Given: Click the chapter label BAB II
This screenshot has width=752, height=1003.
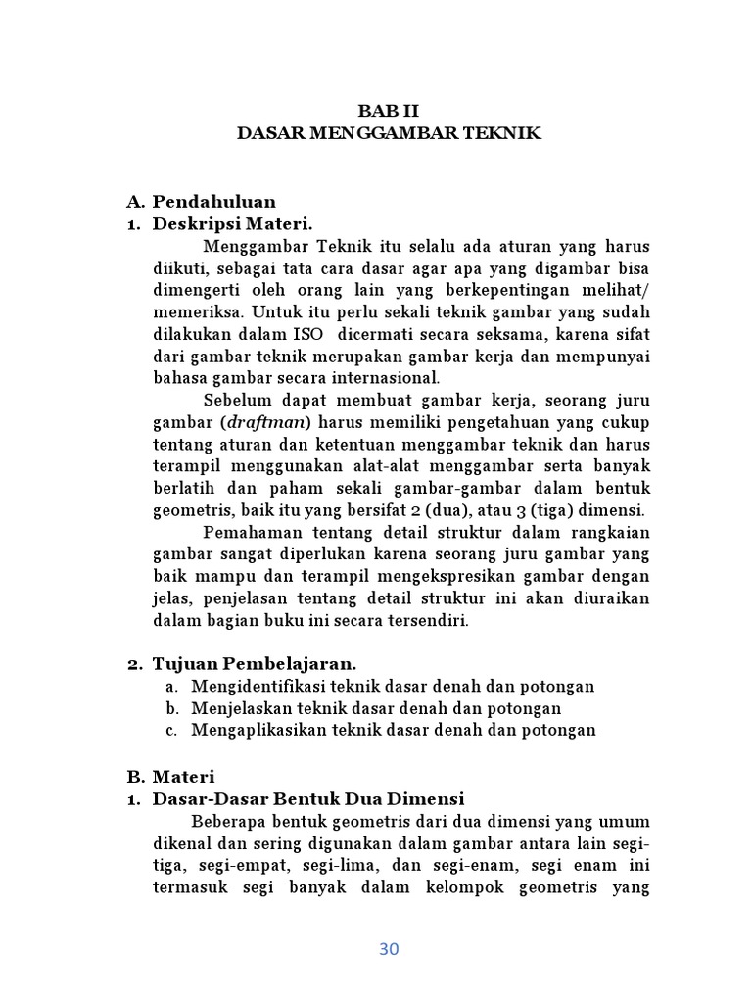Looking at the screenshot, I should click(x=389, y=111).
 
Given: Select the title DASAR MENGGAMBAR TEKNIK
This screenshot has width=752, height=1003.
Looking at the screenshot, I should click(x=389, y=132).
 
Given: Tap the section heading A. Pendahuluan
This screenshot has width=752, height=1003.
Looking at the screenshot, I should click(x=201, y=202).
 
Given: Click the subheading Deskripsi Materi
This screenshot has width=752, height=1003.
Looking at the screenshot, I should click(x=232, y=223).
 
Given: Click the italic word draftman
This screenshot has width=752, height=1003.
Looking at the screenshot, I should click(x=267, y=422).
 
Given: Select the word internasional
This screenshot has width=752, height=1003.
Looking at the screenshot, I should click(x=388, y=377).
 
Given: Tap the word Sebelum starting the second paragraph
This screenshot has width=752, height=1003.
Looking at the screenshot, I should click(x=234, y=401).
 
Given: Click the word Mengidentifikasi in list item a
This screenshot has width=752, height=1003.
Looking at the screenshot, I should click(x=257, y=687).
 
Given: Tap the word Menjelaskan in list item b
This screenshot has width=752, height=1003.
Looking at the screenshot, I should click(x=239, y=708).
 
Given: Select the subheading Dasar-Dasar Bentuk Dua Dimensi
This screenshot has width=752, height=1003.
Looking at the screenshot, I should click(x=307, y=798).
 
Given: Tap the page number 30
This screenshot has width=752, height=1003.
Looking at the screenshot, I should click(x=389, y=948).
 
